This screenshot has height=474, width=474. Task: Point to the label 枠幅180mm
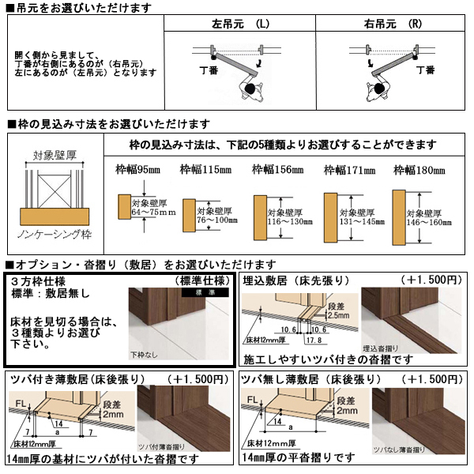pos(419,170)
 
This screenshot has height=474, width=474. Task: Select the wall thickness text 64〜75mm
pos(152,213)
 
